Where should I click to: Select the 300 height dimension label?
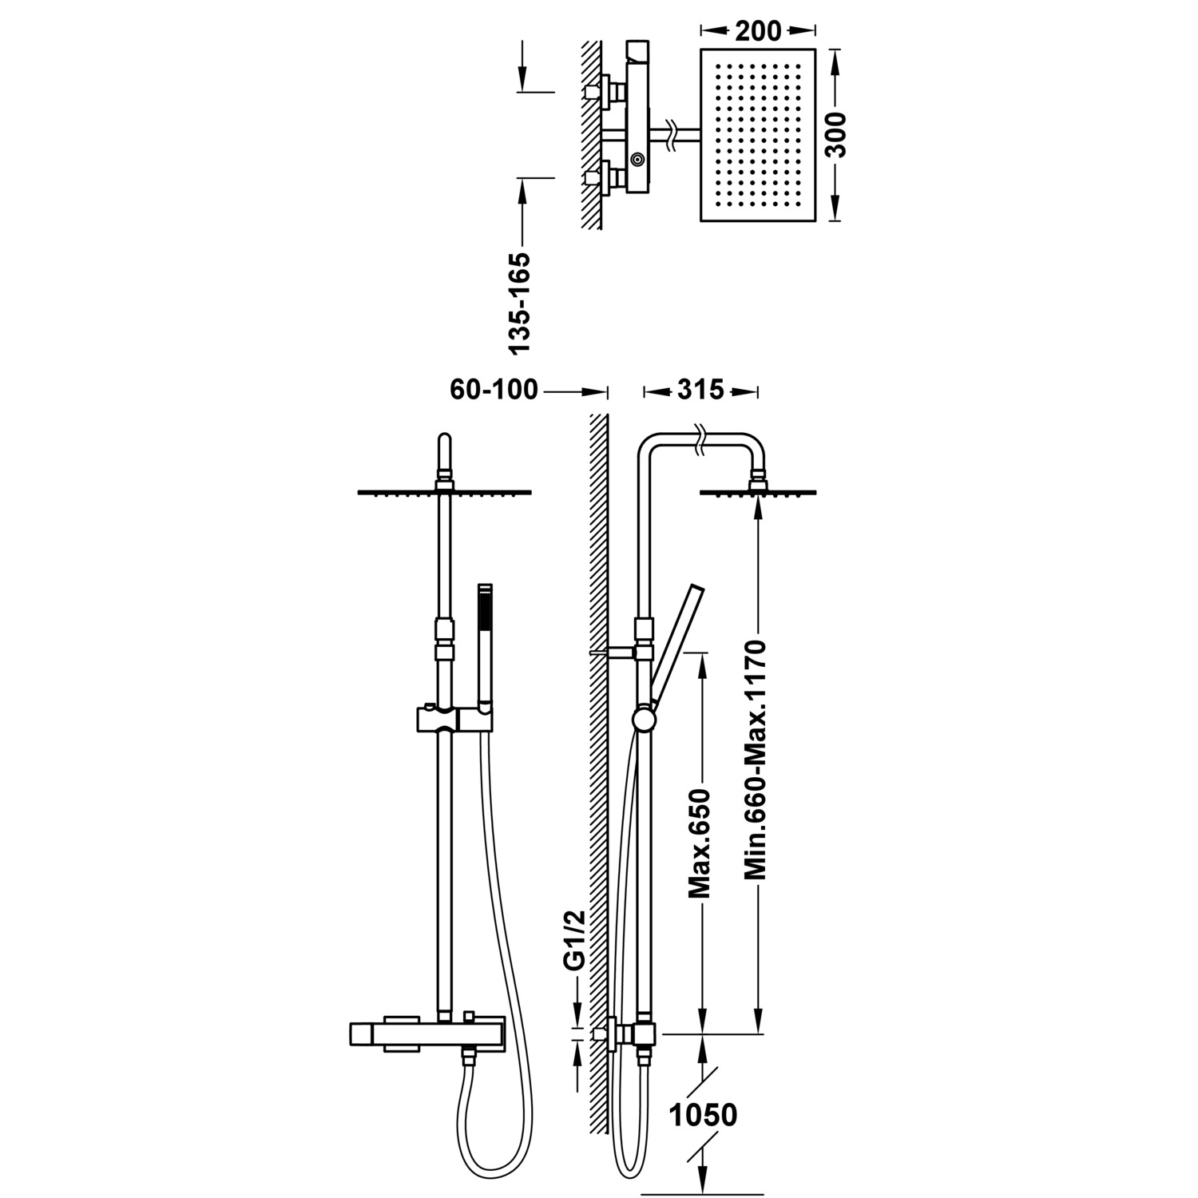pos(836,134)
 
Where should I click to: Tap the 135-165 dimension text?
pos(520,303)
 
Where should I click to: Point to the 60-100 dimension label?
pos(494,391)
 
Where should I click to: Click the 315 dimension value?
pos(700,391)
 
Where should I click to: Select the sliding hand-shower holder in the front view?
pos(452,719)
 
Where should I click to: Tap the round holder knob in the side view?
pos(643,720)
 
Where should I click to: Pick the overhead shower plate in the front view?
pos(444,492)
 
